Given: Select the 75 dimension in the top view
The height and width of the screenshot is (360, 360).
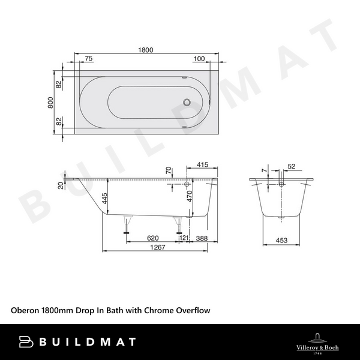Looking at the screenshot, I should click(x=88, y=59).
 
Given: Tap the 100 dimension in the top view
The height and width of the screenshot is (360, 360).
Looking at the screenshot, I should click(x=200, y=59).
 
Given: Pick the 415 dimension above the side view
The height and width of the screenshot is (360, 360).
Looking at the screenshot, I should click(x=202, y=164).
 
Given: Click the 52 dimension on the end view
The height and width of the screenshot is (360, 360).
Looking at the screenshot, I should click(x=292, y=166).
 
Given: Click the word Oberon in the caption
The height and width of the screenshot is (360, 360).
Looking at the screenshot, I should click(x=25, y=310).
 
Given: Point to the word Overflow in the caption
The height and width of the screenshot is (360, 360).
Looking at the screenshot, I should click(x=193, y=310).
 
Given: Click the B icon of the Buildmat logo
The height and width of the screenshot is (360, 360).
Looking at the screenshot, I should click(x=26, y=341).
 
